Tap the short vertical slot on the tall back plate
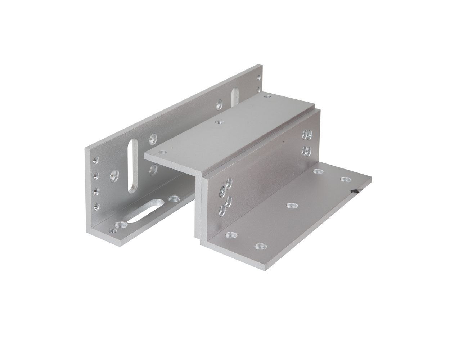point(234,98)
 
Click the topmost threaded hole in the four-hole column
point(96,159)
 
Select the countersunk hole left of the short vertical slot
point(219,105)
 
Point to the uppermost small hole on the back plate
point(259,77)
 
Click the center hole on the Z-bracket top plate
point(217,122)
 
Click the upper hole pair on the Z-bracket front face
point(307,134)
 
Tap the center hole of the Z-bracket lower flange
point(291,206)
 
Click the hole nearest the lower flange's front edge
point(260,247)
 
